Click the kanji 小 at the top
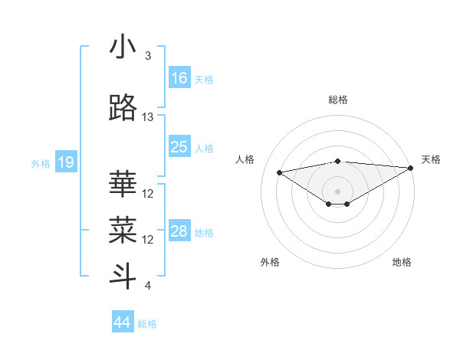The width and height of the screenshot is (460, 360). [123, 47]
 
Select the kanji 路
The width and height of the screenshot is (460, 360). [123, 109]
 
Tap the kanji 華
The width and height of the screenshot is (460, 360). [123, 184]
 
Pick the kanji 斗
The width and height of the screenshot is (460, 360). [123, 276]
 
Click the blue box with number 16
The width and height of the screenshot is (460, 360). [179, 77]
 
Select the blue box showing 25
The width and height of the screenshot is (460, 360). [179, 147]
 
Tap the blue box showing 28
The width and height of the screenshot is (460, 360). [179, 231]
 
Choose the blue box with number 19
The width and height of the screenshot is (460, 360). [65, 162]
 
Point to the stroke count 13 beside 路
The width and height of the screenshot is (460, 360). [148, 117]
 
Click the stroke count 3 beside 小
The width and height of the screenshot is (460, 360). [148, 56]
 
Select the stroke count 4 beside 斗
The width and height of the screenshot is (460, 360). [148, 286]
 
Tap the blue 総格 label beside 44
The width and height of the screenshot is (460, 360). [147, 324]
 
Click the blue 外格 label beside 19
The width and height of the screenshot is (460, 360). [41, 163]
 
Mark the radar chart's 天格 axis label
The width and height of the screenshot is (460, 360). [431, 159]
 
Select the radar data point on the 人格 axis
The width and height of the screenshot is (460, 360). [280, 172]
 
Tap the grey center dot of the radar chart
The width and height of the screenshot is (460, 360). [337, 191]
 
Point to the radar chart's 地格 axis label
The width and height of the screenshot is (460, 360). [402, 262]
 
